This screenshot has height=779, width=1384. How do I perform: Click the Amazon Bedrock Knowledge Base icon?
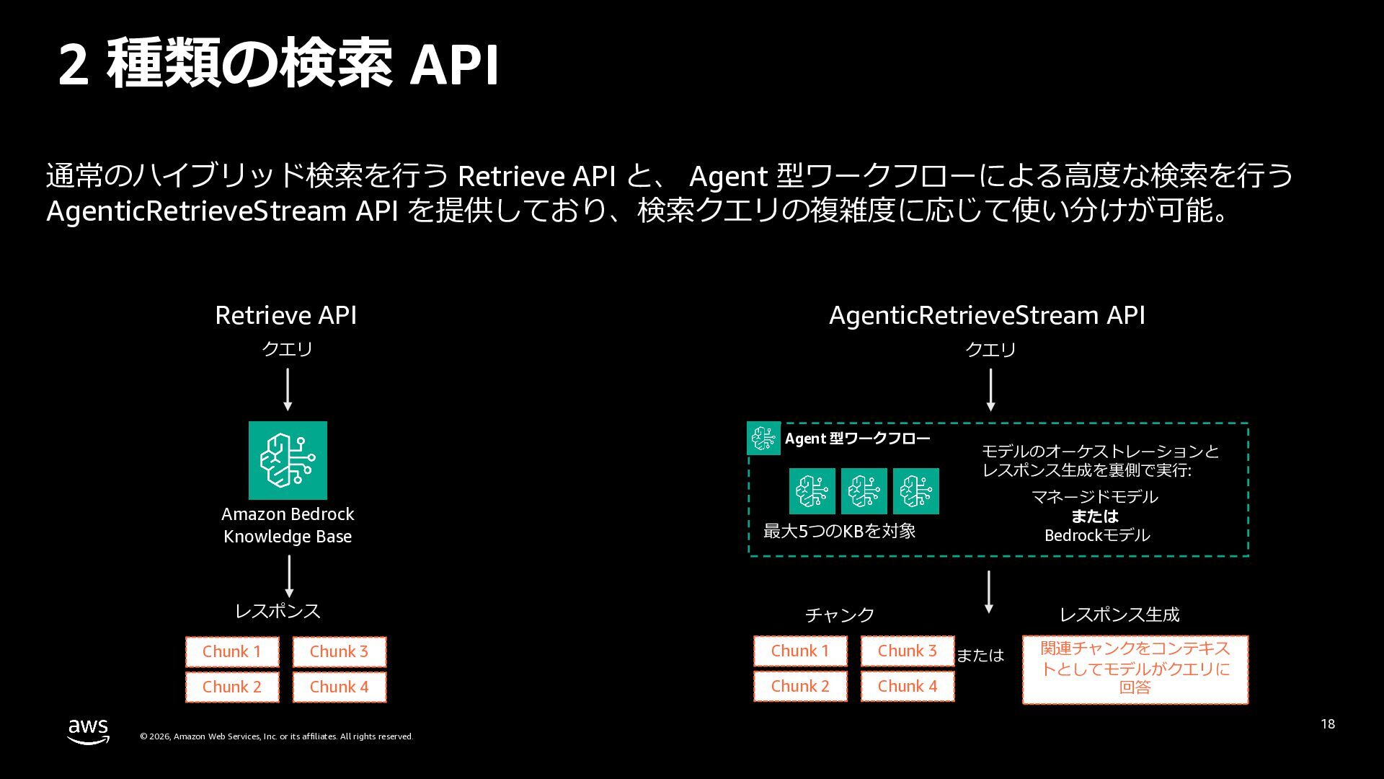pos(288,460)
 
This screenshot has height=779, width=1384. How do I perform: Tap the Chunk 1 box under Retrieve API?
pos(231,652)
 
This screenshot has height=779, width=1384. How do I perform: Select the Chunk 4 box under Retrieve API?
pos(340,687)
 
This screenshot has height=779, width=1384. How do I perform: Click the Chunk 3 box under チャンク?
pos(908,651)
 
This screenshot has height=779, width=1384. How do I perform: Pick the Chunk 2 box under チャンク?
pos(800,686)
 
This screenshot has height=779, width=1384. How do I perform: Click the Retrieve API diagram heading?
pos(286,315)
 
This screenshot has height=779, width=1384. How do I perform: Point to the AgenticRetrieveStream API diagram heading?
pos(987,315)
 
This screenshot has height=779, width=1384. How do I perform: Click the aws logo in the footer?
pos(89,731)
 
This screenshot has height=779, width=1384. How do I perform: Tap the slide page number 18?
pos(1328,723)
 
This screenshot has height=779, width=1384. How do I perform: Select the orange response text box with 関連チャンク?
pos(1135,669)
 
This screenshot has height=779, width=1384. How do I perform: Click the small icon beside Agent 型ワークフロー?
pos(763,438)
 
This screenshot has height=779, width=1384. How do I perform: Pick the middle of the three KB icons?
pos(864,491)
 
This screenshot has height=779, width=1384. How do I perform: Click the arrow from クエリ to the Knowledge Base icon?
pos(288,389)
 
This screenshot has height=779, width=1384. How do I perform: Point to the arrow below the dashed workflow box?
pos(989,592)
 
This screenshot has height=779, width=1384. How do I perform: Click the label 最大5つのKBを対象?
pos(839,532)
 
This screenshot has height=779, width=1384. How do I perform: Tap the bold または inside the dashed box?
pos(1095,516)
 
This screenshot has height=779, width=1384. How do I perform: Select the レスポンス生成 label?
pos(1119,615)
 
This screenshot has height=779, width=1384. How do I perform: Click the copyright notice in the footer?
pos(276,736)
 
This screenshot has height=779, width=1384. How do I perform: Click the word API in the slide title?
pos(454,65)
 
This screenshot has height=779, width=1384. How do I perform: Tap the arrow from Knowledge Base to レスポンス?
pos(289,576)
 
